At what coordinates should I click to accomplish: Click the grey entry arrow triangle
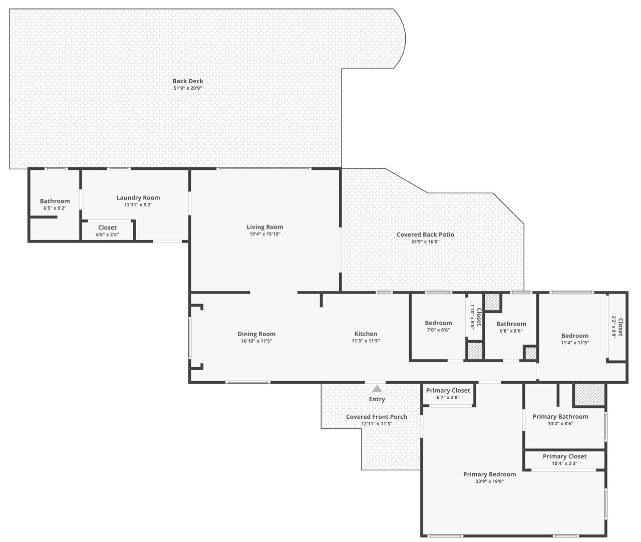[377, 388]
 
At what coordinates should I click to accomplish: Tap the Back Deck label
[188, 81]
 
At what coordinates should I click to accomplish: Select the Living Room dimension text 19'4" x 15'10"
[265, 234]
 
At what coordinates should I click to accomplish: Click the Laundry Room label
[138, 198]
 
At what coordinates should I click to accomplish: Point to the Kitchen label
[366, 334]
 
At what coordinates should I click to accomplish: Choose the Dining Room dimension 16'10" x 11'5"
[256, 341]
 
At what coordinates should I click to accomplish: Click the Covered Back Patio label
[425, 234]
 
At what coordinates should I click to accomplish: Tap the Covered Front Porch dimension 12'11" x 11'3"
[377, 424]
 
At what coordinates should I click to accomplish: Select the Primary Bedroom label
[490, 474]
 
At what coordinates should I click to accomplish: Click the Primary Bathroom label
[560, 416]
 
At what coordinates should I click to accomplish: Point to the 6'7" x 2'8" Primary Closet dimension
[448, 397]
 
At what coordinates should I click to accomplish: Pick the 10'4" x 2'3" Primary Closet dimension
[564, 463]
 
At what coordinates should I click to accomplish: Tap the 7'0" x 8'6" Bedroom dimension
[438, 330]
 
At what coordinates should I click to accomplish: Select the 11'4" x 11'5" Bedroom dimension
[574, 343]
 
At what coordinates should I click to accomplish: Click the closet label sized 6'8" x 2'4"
[107, 227]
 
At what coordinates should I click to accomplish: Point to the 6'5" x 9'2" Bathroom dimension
[55, 208]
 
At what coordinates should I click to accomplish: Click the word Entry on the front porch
[377, 399]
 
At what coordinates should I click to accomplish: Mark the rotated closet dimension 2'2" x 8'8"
[614, 327]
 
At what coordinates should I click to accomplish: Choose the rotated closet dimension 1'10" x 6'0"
[472, 317]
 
